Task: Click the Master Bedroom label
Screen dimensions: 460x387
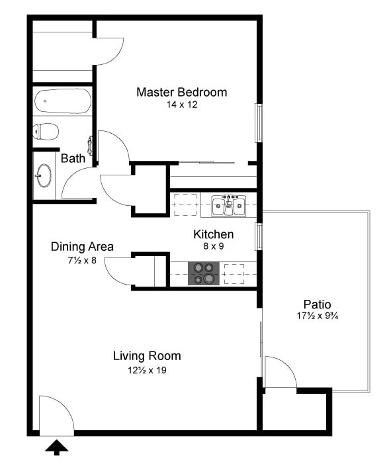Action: pos(181,92)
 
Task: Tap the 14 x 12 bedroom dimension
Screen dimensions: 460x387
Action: pos(181,105)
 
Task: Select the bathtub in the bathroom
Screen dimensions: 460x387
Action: pos(62,102)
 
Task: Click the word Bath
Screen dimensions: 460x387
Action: pos(73,159)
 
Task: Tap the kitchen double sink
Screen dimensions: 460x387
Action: pos(228,207)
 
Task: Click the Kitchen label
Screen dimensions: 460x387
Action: pos(213,234)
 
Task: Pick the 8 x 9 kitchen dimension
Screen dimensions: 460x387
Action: pos(213,246)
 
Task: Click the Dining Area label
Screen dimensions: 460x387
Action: pos(82,247)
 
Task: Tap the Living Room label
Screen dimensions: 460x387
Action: pos(147,356)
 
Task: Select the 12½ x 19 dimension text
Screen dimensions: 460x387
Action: pos(147,370)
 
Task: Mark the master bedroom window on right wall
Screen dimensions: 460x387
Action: pos(259,122)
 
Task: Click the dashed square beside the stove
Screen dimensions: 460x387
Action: pos(234,273)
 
